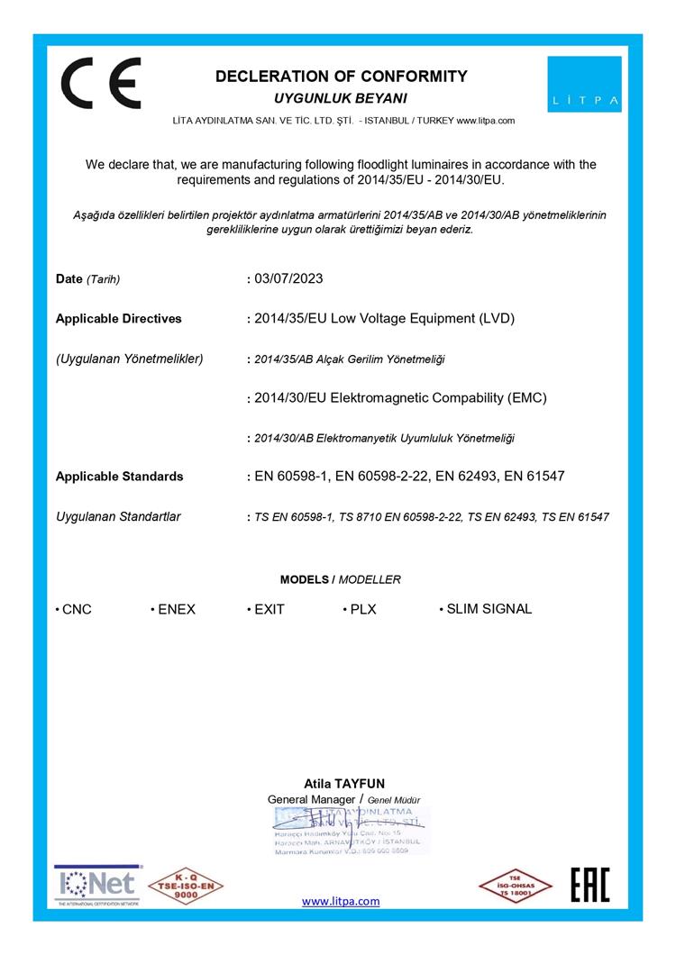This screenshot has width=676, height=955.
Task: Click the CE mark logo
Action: [100, 83]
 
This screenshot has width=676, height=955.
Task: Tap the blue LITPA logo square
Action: [584, 84]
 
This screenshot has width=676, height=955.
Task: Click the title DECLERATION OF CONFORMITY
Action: [341, 77]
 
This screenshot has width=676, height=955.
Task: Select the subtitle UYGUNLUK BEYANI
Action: [341, 97]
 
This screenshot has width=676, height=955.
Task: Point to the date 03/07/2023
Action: [288, 278]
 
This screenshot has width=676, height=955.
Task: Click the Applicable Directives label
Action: [118, 318]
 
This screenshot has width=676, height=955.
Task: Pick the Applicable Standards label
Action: [119, 476]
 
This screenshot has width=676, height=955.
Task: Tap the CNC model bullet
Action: [73, 609]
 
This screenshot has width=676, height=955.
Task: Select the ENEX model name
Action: [176, 609]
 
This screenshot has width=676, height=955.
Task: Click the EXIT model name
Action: [269, 609]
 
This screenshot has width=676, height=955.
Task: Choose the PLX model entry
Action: [362, 609]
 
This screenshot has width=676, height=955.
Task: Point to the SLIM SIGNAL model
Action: [489, 609]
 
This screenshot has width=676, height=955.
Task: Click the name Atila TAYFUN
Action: [344, 784]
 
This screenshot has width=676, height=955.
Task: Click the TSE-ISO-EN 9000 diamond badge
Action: [186, 886]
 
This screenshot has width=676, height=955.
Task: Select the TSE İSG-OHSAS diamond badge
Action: [515, 886]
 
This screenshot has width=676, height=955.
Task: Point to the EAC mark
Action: [590, 885]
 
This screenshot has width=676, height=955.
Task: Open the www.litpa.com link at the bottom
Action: [340, 901]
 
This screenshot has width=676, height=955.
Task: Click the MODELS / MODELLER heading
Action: [340, 579]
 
